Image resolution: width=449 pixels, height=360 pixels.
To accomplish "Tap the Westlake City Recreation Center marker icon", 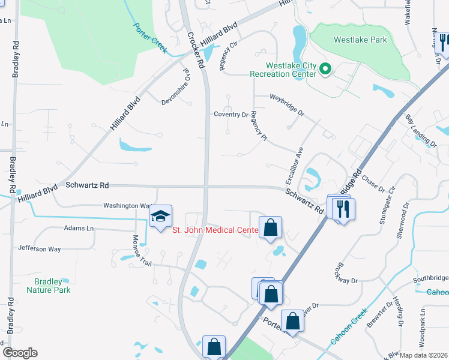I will coord(325,70).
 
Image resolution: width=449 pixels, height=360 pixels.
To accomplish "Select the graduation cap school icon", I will coord(160,216).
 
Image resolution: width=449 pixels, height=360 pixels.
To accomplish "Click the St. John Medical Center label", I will coord(215,230).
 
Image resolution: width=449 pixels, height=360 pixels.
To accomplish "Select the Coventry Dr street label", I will coord(231,114).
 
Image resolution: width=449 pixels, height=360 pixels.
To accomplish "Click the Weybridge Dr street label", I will coord(287,104).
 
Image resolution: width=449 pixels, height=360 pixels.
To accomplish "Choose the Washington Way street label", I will coord(126,205).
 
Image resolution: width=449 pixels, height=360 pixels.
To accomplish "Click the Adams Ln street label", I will coord(79,229).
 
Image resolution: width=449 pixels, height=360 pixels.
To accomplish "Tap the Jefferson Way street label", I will coord(40,248).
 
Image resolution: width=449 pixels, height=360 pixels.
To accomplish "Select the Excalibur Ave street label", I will coord(295,166).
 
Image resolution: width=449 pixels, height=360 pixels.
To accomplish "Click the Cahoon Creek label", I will coord(348,330).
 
